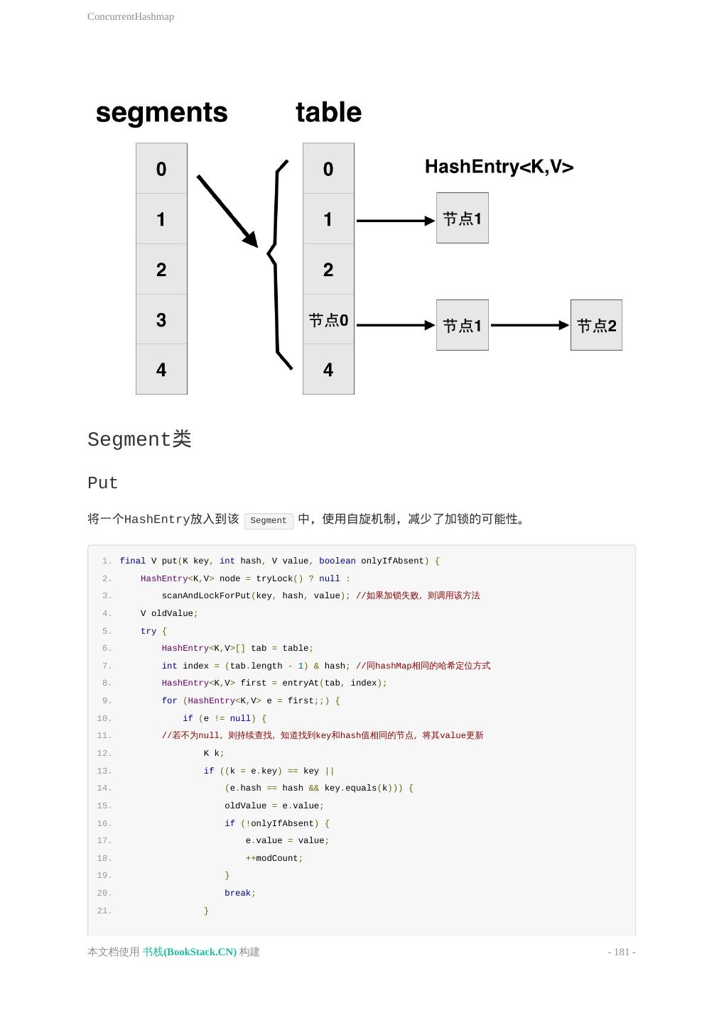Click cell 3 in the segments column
tap(161, 319)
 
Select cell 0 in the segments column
tap(161, 169)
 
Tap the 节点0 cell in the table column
tap(328, 319)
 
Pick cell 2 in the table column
tap(328, 270)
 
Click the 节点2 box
tap(596, 325)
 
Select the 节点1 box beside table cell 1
tap(462, 219)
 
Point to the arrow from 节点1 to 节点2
tap(529, 325)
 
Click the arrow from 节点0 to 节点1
tap(395, 325)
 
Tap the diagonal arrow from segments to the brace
tap(227, 211)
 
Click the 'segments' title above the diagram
tap(161, 112)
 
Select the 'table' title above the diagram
tap(328, 112)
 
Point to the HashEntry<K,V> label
tap(499, 167)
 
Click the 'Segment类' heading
tap(139, 439)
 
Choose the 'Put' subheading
tap(102, 483)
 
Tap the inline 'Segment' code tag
tap(269, 520)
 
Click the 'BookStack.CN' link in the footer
tap(190, 952)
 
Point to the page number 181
tap(622, 952)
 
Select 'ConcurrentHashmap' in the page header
tap(131, 16)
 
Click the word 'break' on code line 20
tap(237, 893)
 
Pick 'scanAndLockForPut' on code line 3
tap(206, 595)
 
